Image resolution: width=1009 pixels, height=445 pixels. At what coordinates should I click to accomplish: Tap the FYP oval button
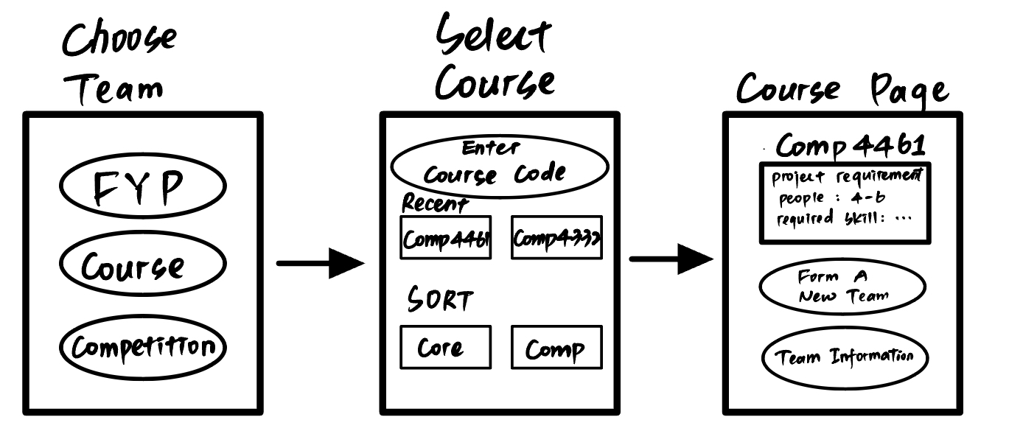pos(143,186)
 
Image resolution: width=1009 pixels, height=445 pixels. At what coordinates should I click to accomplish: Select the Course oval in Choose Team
pos(143,264)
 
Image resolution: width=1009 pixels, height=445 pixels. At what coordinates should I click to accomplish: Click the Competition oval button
pos(143,347)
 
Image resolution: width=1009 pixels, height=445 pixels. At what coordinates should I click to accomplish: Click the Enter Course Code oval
pos(500,167)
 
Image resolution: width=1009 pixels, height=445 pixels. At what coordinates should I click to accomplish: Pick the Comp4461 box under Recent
pos(445,237)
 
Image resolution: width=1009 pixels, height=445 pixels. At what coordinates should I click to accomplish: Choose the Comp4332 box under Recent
pos(556,237)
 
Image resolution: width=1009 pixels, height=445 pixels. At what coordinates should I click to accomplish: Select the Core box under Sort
pos(445,347)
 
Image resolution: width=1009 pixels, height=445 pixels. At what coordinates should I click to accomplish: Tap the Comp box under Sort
pos(556,347)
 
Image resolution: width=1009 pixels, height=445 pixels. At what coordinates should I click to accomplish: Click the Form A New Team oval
pos(842,286)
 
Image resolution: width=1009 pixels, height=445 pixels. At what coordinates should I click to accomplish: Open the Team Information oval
pos(845,358)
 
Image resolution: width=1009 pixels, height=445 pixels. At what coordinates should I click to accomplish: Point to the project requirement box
pos(845,203)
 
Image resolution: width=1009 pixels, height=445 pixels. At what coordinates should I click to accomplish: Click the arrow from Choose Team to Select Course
pos(321,263)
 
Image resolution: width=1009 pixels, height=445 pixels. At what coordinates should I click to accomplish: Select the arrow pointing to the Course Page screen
pos(671,259)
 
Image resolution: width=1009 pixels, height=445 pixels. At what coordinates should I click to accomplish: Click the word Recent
pos(435,203)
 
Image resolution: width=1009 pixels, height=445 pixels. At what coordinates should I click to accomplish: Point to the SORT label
pos(440,299)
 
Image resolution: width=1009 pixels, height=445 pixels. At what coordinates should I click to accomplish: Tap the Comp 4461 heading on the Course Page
pos(851,145)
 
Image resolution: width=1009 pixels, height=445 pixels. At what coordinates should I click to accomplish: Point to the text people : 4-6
pos(832,197)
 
